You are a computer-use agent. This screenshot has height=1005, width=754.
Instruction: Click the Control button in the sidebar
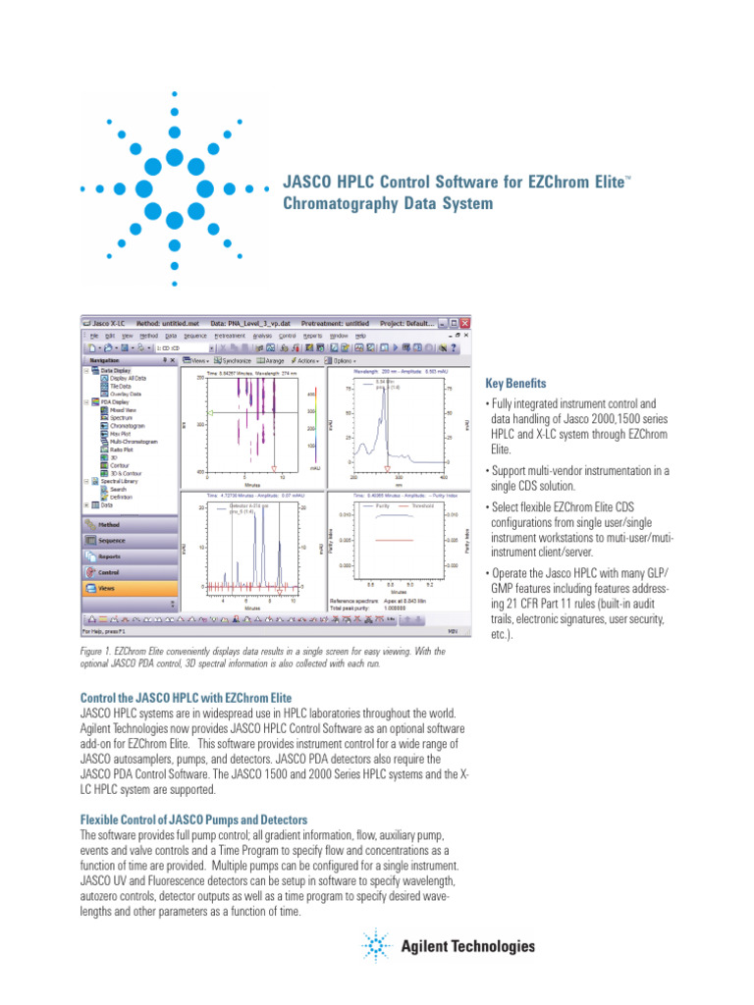point(107,572)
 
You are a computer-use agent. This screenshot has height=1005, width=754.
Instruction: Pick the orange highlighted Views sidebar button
point(105,588)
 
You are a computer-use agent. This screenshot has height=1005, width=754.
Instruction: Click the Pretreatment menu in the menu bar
point(230,336)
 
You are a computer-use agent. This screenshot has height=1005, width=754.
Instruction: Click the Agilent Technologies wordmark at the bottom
point(468,947)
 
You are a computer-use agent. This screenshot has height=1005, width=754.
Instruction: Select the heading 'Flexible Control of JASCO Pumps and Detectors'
point(193,820)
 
